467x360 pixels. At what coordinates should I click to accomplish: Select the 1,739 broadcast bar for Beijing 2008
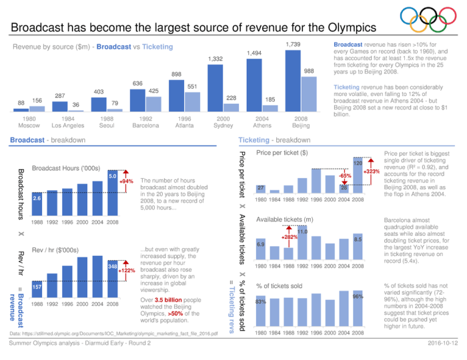(292, 80)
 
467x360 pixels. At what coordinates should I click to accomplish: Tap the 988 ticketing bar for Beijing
(308, 93)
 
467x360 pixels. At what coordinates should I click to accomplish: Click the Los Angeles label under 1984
(67, 125)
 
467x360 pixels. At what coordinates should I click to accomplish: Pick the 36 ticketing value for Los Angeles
(75, 104)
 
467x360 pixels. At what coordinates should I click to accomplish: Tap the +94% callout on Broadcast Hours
(127, 181)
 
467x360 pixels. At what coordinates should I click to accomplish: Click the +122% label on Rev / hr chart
(127, 271)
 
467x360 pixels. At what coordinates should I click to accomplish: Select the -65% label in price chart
(345, 175)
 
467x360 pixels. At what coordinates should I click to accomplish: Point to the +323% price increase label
(372, 172)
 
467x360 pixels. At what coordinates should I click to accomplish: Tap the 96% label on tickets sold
(358, 296)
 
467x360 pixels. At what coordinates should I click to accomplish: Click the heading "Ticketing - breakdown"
(274, 140)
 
